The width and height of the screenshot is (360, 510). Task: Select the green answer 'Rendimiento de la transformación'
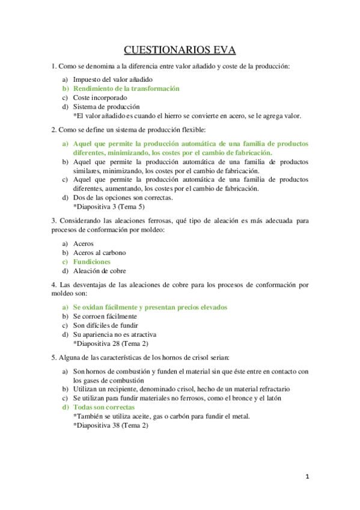[x=126, y=88]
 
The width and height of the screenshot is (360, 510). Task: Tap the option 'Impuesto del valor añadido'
[x=112, y=79]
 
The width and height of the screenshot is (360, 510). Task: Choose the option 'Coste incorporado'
[x=100, y=97]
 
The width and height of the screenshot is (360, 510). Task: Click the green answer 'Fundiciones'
[x=91, y=262]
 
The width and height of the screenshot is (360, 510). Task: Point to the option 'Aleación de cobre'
[x=99, y=271]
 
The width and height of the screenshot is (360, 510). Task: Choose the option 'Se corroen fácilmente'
[x=105, y=316]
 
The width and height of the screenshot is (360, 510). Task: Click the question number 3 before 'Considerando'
[x=53, y=221]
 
